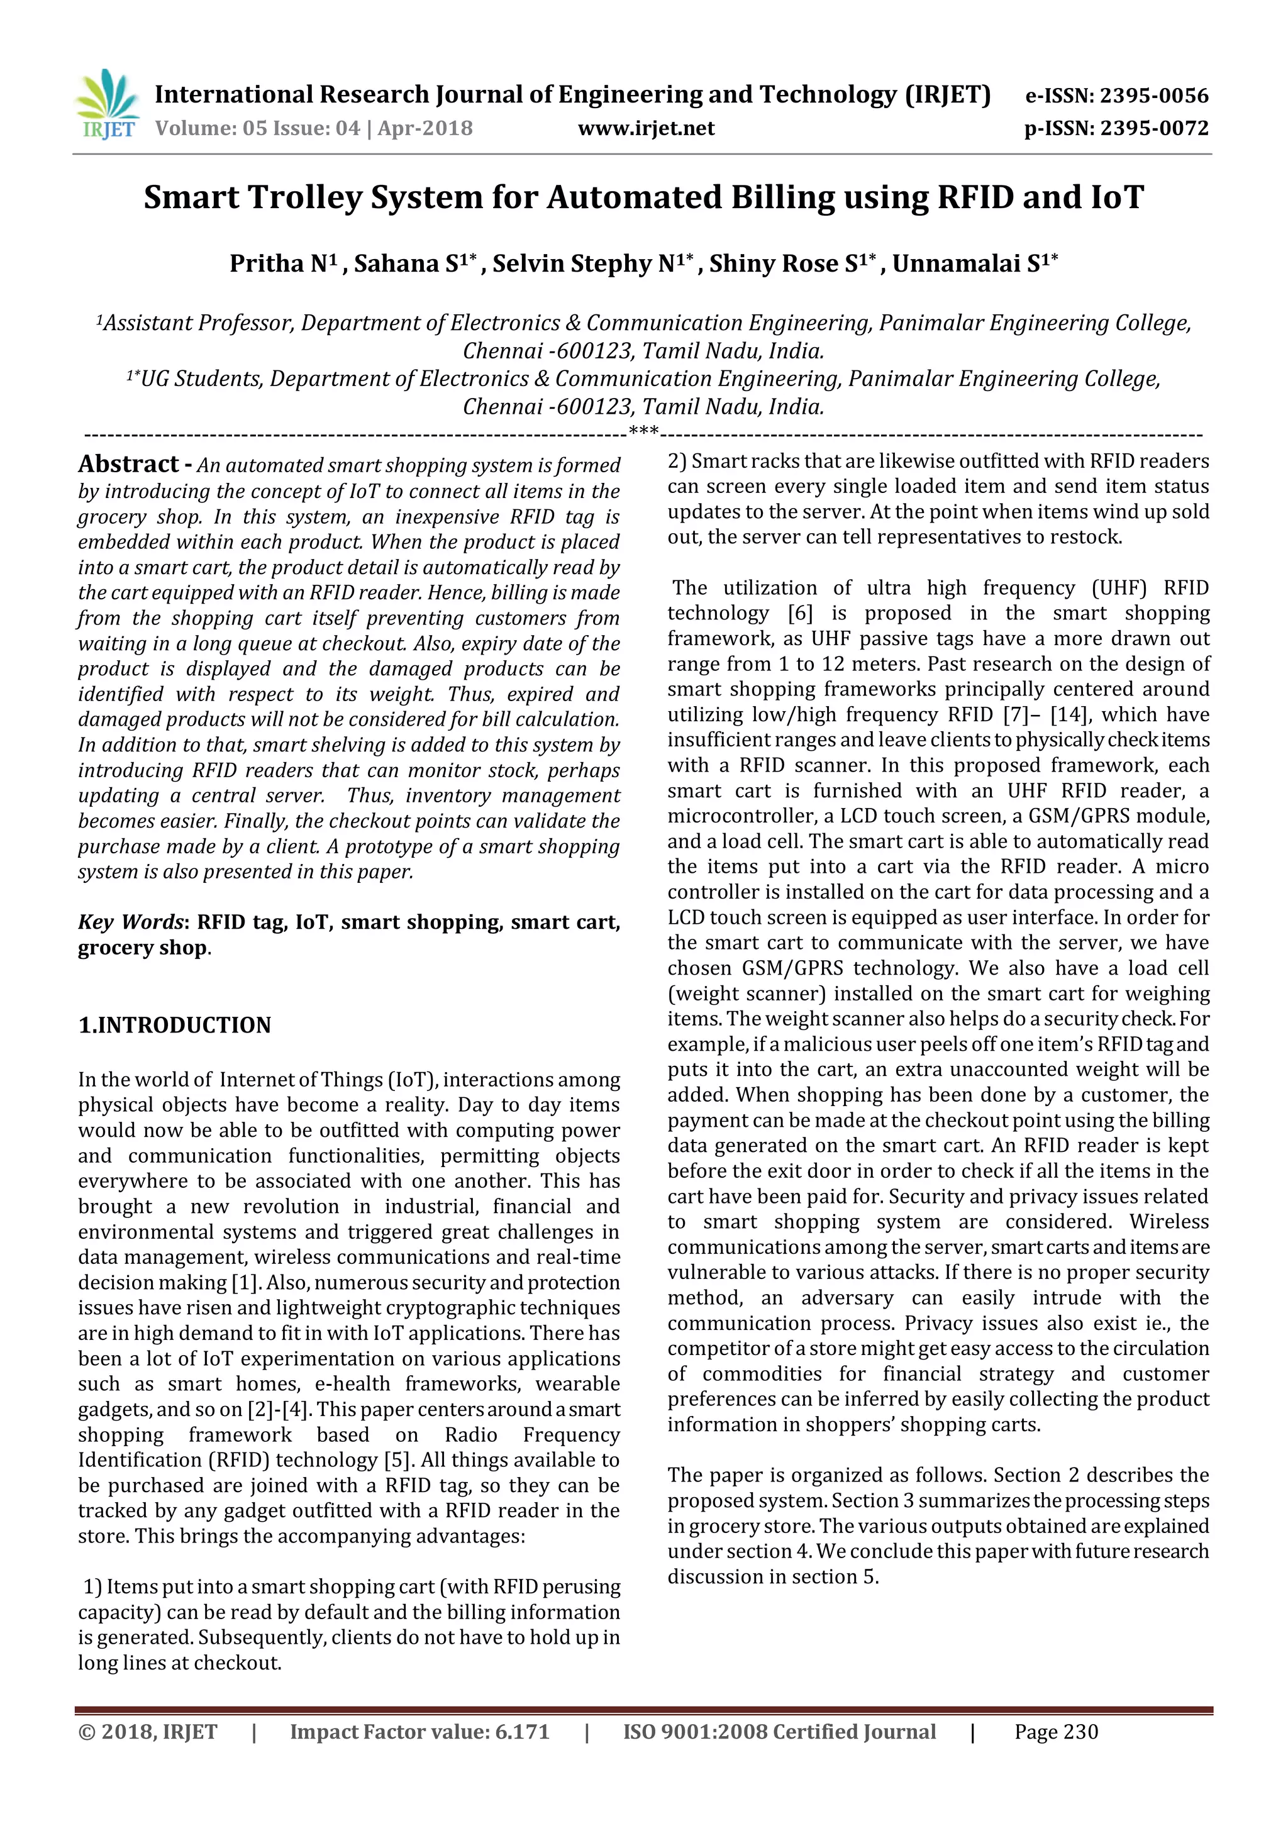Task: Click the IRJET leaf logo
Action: [x=107, y=103]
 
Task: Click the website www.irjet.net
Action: [x=646, y=128]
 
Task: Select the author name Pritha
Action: [x=265, y=264]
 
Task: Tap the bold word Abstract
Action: [x=128, y=464]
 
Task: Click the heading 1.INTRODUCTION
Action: [x=174, y=1025]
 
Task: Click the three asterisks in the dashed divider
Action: [x=643, y=432]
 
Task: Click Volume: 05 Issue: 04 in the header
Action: [x=258, y=128]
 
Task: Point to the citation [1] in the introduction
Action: [x=243, y=1283]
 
